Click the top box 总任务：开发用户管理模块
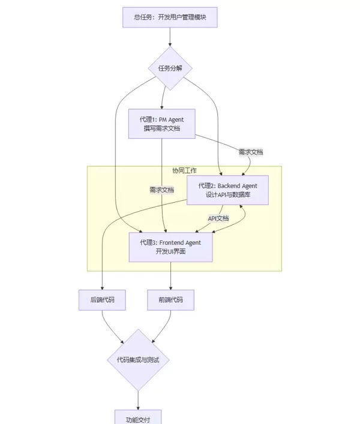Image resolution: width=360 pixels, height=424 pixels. tap(170, 17)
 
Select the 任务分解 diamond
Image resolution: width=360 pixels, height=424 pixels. tap(170, 68)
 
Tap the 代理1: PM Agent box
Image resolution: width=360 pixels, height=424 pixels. tap(162, 124)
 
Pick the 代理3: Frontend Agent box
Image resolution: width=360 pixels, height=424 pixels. tap(170, 247)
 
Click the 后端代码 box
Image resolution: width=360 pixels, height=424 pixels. tap(102, 300)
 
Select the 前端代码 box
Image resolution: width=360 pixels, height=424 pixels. tap(170, 300)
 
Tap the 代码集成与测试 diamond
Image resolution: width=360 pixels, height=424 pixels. tap(138, 360)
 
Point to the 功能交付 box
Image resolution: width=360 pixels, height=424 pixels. tap(138, 418)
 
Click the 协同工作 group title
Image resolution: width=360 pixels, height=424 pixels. tap(184, 170)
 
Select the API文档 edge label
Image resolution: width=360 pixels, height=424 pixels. tap(218, 218)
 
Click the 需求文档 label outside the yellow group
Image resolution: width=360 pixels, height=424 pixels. tap(250, 152)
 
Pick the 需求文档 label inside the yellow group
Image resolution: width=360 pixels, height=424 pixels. tap(161, 190)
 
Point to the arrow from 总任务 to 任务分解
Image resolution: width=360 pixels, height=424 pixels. tap(170, 37)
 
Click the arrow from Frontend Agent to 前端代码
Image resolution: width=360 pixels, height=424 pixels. tap(170, 276)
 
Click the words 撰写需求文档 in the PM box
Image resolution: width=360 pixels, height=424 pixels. tap(162, 129)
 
